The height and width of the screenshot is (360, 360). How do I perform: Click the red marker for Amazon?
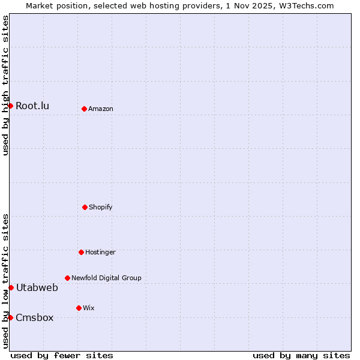tap(85, 109)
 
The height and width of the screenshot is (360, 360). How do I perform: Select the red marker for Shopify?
tap(85, 207)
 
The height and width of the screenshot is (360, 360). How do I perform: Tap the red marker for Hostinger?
tap(81, 252)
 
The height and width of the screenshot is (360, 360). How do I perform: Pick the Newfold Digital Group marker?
tap(67, 278)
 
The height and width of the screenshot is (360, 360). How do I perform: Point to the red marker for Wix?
tap(79, 308)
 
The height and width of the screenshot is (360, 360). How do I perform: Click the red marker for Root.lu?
tap(10, 106)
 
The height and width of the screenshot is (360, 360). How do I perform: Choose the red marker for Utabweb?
tap(11, 287)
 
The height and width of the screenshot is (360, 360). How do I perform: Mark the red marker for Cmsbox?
tap(10, 317)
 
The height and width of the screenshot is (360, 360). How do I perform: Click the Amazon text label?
tap(101, 109)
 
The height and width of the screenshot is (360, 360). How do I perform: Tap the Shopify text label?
tap(101, 207)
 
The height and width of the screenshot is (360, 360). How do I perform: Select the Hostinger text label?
tap(100, 252)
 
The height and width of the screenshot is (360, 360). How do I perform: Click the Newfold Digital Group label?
tap(106, 278)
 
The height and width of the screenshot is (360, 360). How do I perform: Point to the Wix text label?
tap(89, 308)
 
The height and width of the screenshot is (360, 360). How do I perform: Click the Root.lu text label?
tap(32, 106)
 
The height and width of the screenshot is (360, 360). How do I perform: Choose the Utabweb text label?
tap(37, 287)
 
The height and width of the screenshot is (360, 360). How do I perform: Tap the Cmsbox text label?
tap(35, 317)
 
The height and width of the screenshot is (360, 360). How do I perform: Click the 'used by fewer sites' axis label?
tap(62, 355)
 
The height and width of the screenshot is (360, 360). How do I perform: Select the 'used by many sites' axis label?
tap(301, 355)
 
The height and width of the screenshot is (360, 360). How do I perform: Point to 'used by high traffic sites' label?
tap(5, 85)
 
